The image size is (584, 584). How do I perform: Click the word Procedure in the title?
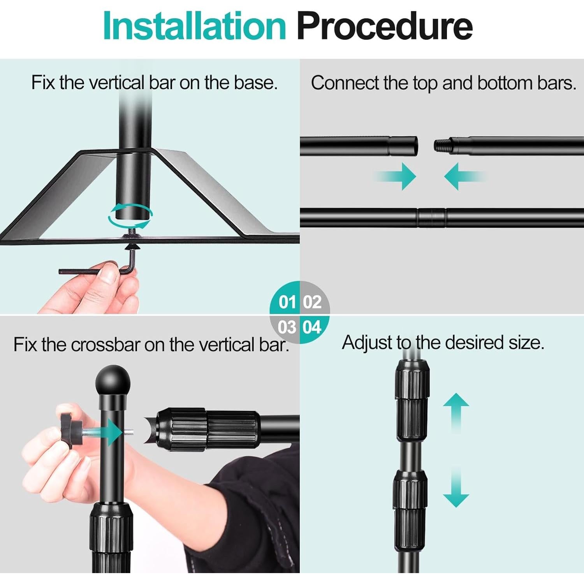point(385,26)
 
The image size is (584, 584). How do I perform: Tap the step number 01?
point(287,302)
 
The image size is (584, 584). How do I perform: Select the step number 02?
point(312,302)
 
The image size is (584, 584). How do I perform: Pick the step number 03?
point(287,327)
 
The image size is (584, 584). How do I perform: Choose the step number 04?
point(312,327)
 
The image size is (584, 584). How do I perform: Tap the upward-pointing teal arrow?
point(456,413)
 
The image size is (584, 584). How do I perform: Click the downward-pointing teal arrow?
point(456,487)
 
